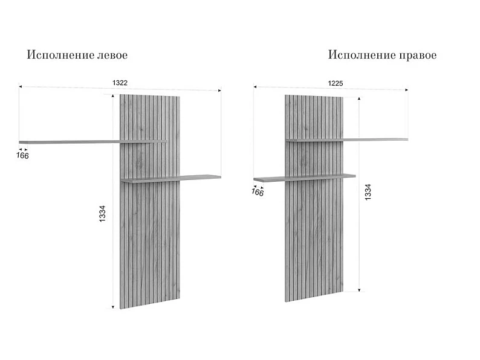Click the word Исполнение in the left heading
[60, 55]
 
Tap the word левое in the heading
[112, 55]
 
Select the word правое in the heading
[418, 56]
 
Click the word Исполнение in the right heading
[362, 55]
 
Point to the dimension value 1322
[120, 83]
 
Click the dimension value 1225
[336, 83]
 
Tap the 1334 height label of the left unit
[102, 213]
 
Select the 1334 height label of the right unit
[368, 192]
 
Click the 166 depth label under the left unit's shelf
[22, 156]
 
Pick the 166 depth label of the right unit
[258, 192]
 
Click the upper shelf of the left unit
[92, 141]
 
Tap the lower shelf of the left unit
[171, 179]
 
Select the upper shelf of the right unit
[347, 140]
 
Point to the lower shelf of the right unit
[305, 178]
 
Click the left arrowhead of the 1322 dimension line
[21, 87]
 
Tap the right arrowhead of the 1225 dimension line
[406, 90]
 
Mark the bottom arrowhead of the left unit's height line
[113, 307]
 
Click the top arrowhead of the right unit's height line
[359, 99]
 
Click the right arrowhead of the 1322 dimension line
[219, 90]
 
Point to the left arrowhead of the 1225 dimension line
[255, 87]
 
